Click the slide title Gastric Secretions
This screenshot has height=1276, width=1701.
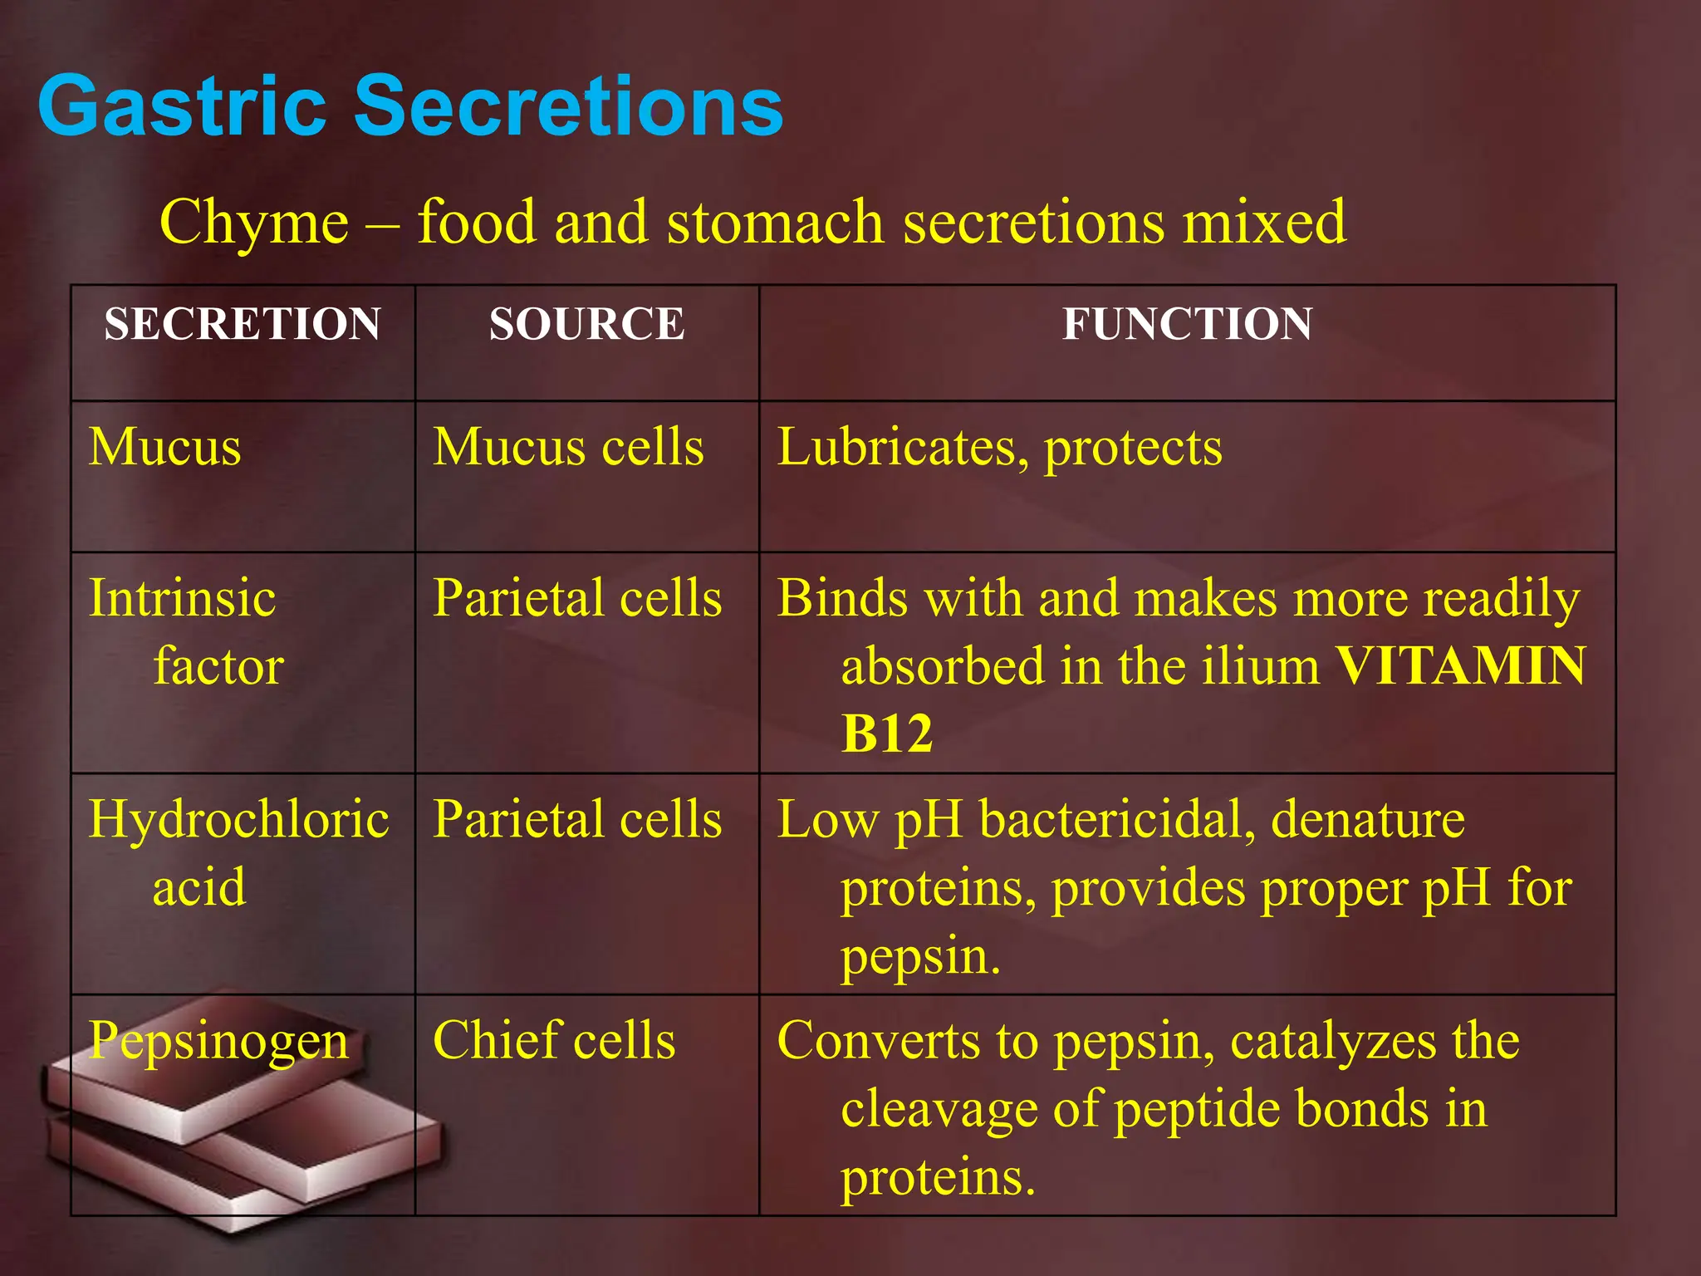(x=410, y=106)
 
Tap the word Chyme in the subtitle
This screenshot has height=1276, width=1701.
(x=253, y=223)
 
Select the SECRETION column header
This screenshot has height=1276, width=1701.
(x=243, y=324)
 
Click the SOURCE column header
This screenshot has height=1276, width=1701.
(x=586, y=324)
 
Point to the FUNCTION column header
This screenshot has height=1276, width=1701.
(x=1187, y=324)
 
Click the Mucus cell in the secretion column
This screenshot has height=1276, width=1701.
(x=165, y=448)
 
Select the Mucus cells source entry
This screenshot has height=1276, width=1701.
(x=568, y=448)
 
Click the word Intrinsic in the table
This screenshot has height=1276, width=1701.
(x=182, y=598)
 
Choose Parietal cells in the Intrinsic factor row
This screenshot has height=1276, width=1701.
(x=577, y=598)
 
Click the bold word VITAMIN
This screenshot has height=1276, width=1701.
(x=1461, y=666)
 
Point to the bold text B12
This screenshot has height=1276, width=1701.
(x=886, y=734)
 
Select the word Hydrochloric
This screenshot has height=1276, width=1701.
(x=238, y=820)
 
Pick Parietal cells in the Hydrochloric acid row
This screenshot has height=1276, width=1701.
(x=577, y=820)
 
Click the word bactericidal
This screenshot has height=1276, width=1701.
(x=1116, y=820)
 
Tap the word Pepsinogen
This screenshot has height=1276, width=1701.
(x=218, y=1041)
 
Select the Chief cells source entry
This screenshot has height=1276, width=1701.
(x=554, y=1041)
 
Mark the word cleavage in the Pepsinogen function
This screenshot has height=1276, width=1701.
(x=938, y=1110)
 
